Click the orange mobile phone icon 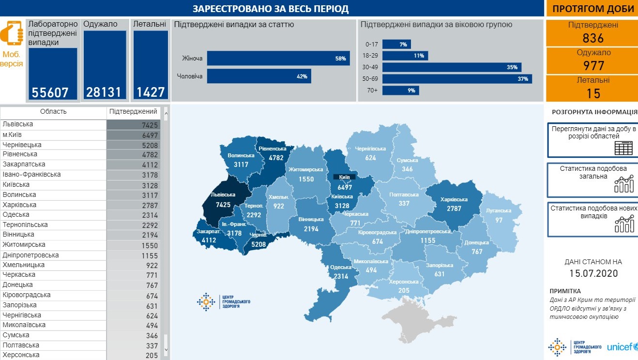tap(12, 34)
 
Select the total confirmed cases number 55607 tap(50, 92)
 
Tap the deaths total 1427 tap(150, 92)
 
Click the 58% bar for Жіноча tap(278, 59)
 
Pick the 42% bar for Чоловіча tap(259, 76)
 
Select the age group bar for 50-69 tap(457, 79)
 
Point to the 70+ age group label tap(372, 90)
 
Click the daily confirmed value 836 tap(593, 38)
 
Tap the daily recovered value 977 tap(593, 65)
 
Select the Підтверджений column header tap(133, 112)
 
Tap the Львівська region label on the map tap(223, 195)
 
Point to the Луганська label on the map tap(499, 210)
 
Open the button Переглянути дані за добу tap(593, 140)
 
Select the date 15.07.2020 tap(593, 273)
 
